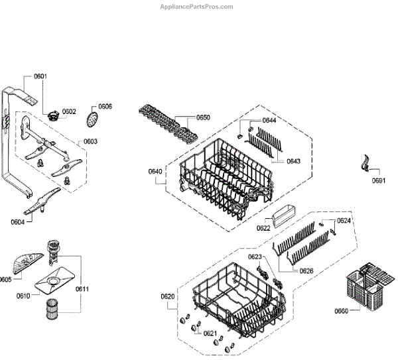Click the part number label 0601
click(x=40, y=77)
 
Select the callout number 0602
click(x=70, y=111)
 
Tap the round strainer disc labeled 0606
click(x=93, y=120)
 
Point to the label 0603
click(x=90, y=141)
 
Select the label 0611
click(x=82, y=288)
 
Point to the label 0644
click(x=269, y=120)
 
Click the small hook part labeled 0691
click(x=364, y=162)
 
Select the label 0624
click(x=344, y=220)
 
